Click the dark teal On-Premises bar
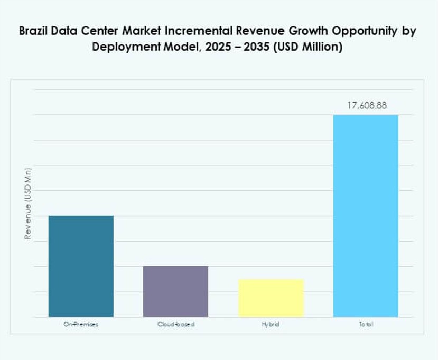81,266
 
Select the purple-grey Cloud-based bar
176,291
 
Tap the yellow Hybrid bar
271,298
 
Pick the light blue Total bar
366,216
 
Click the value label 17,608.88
367,106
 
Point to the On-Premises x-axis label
81,324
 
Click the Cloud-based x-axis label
176,324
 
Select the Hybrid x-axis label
271,324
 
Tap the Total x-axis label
366,324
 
